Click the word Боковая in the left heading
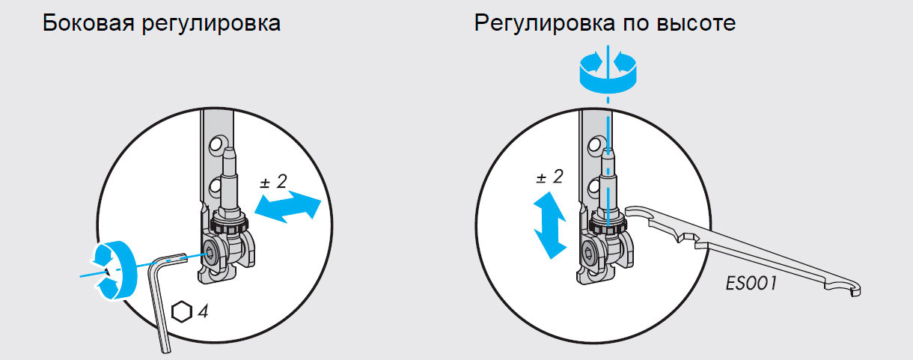point(88,23)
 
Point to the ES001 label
point(751,283)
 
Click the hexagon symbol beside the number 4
point(181,312)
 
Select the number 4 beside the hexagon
point(204,311)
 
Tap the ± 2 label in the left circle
point(273,182)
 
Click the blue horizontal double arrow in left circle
point(288,208)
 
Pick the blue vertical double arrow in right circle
point(550,225)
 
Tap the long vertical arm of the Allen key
point(160,306)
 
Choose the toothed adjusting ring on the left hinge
point(230,224)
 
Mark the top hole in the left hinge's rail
point(216,144)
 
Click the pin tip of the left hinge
point(229,152)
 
